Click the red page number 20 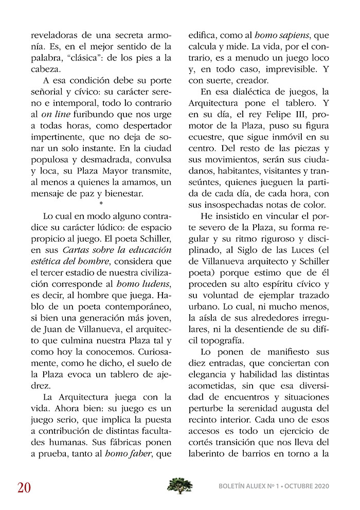tap(24, 486)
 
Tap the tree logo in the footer tap(180, 485)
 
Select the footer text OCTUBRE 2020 tap(307, 486)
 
